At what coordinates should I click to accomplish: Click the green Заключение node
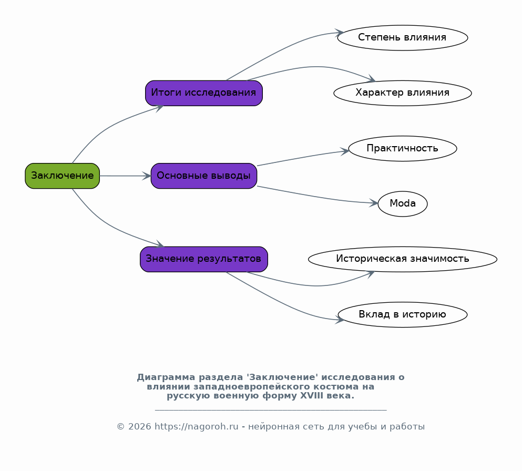coord(62,176)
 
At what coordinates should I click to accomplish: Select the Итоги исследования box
coord(204,93)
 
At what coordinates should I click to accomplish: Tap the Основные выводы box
coord(204,176)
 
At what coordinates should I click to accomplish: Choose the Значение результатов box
coord(204,259)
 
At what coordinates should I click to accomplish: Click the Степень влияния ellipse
coord(403,38)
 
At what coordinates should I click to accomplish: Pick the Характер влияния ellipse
coord(403,93)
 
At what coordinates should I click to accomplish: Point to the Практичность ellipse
coord(403,148)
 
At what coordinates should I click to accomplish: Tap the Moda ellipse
coord(403,204)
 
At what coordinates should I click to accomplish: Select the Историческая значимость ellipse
coord(403,259)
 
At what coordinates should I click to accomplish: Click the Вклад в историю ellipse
coord(403,314)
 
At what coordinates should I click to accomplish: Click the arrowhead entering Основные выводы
coord(147,176)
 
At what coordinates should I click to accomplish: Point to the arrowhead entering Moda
coord(374,203)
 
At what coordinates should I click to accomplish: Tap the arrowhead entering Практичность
coord(344,151)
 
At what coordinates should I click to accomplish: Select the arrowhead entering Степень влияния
coord(340,33)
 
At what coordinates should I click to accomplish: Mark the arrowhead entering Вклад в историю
coord(340,320)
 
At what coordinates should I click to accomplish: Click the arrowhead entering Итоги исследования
coord(158,108)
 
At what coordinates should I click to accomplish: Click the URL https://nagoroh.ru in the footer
coord(197,427)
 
